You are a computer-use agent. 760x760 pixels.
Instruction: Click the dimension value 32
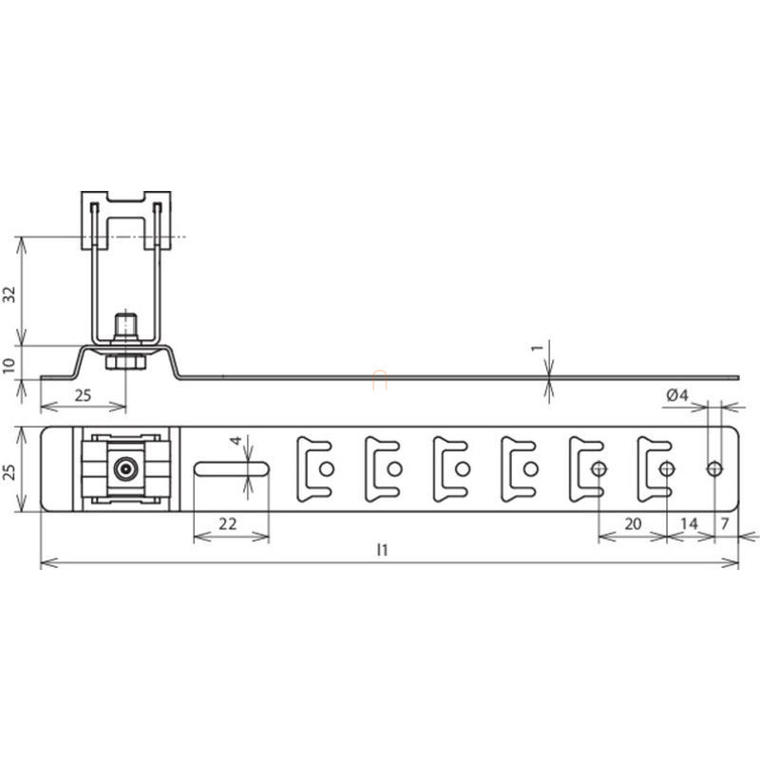[9, 294]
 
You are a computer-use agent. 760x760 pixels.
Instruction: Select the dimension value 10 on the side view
[9, 366]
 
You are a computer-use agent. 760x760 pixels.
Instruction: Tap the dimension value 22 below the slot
[228, 523]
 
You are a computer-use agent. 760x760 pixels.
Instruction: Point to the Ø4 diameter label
[677, 395]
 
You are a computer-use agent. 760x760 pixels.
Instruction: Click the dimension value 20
[633, 523]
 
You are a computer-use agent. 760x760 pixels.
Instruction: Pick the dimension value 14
[690, 523]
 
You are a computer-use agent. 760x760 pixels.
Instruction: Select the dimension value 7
[725, 523]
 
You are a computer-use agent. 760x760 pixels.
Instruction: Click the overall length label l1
[383, 550]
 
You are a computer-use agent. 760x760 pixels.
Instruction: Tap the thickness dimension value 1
[537, 348]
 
